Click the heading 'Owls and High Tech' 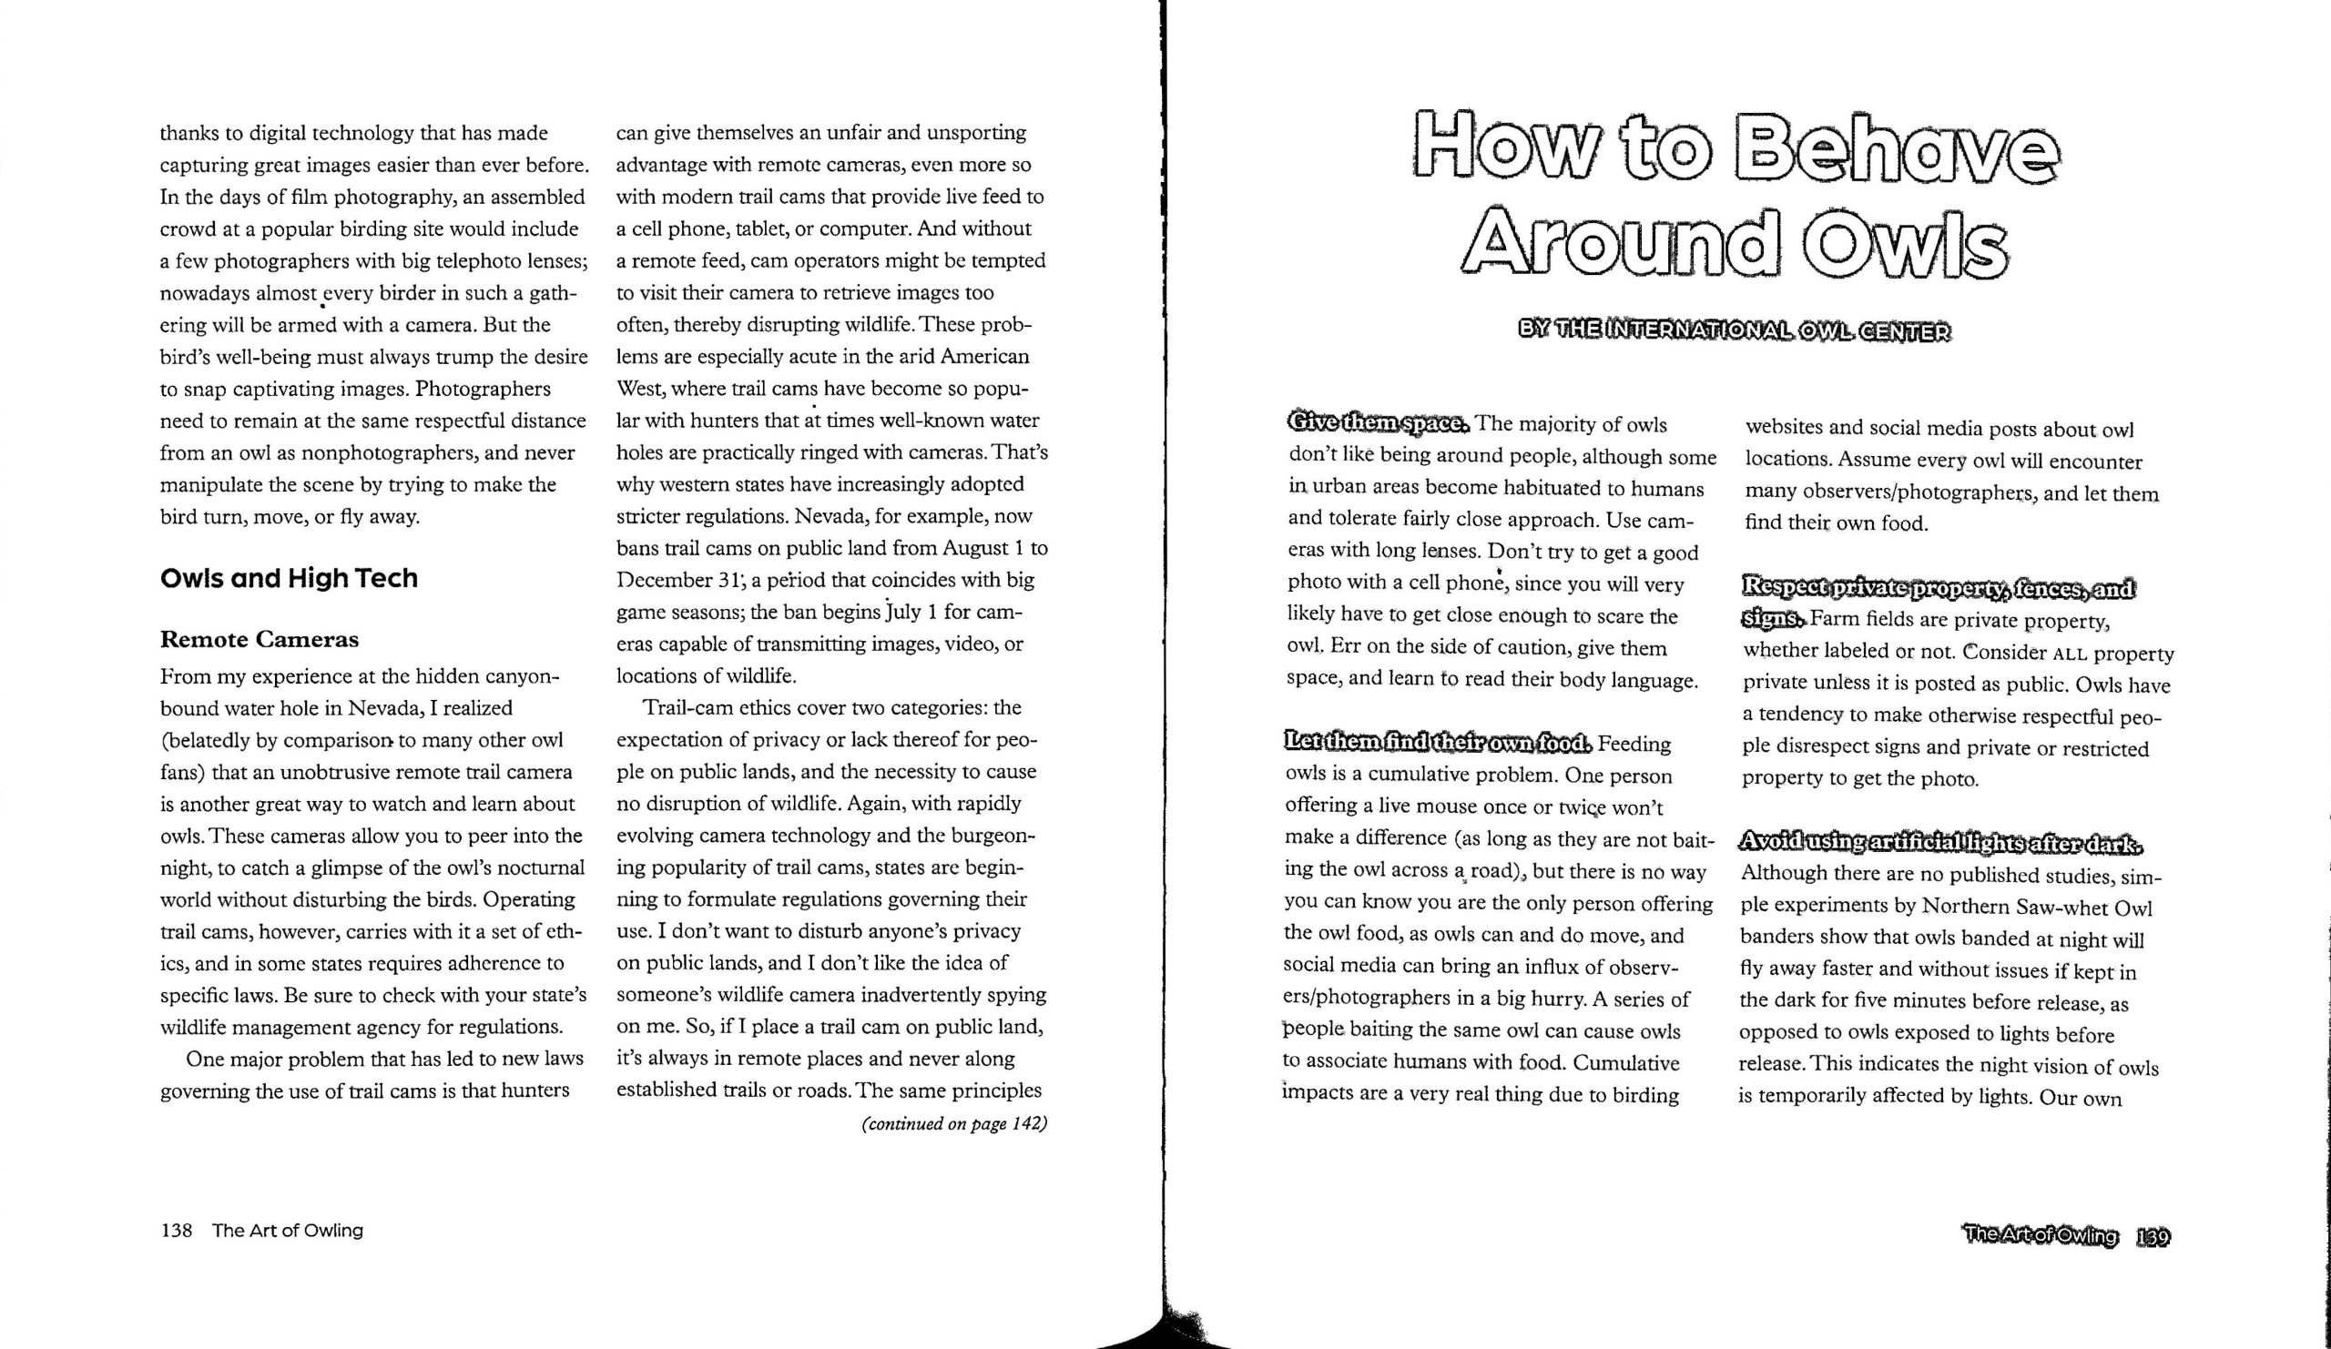289,579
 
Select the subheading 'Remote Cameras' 259,640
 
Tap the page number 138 176,1231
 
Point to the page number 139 2154,1237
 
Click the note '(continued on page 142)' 953,1123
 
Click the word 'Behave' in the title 1898,148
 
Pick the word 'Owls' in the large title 1912,243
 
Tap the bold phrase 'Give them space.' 1377,423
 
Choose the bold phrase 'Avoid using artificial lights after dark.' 1939,842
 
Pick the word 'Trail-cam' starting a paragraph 689,708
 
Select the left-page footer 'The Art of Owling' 288,1231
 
